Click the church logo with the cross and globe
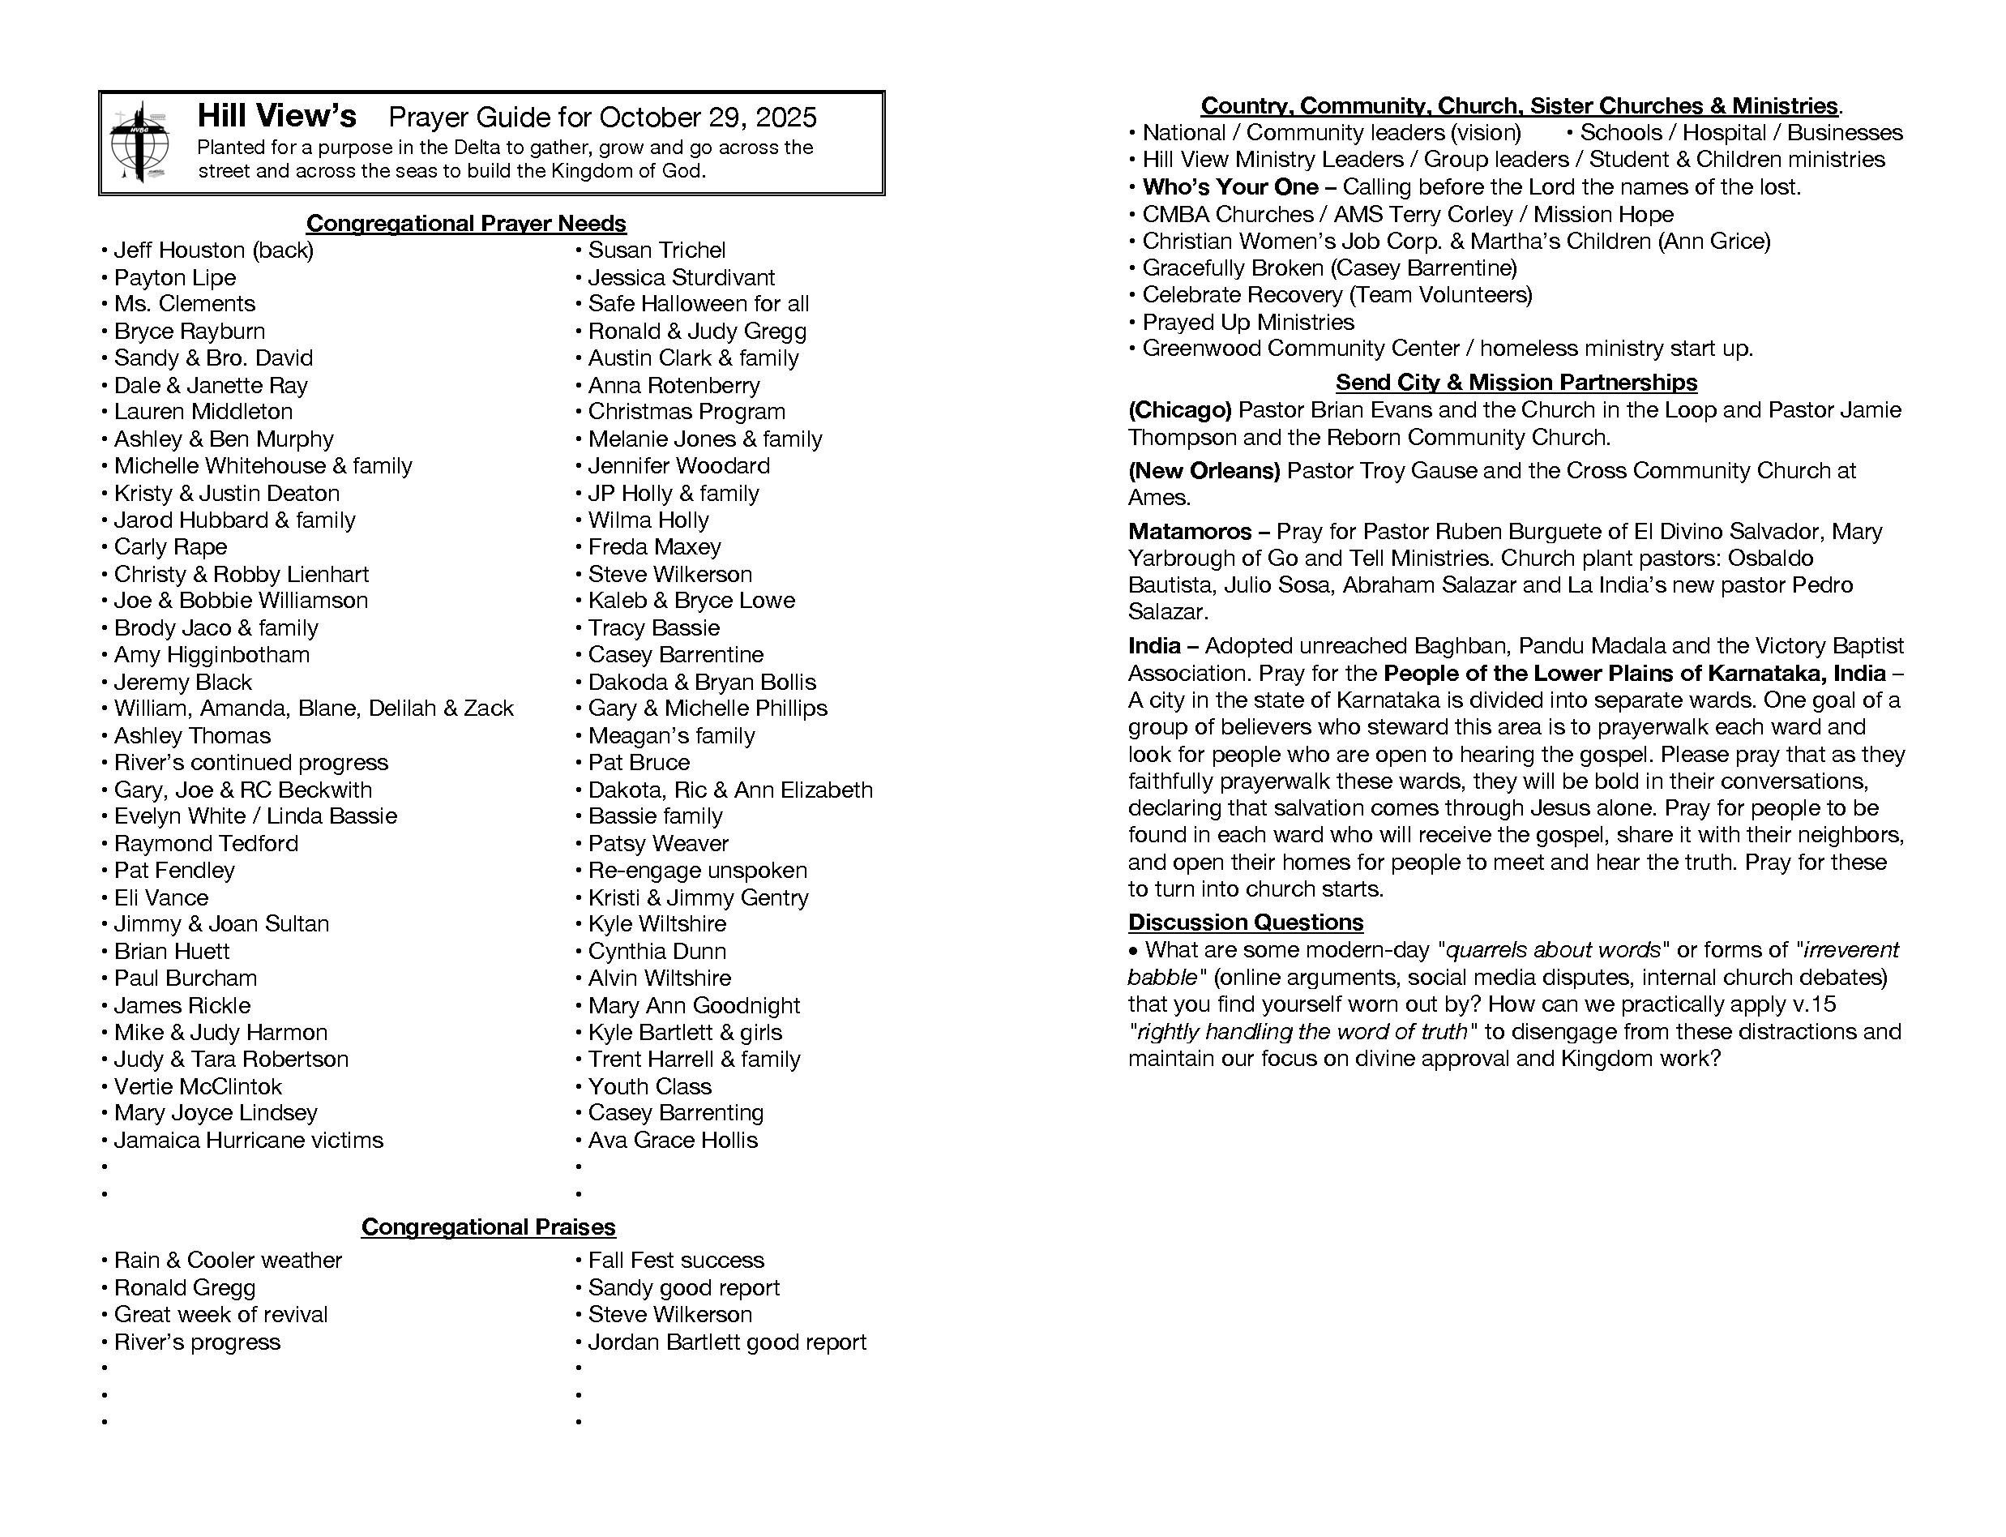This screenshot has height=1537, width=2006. [x=139, y=143]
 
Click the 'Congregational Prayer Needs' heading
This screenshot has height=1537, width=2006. [x=465, y=223]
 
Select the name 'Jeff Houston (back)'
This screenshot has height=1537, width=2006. [x=213, y=250]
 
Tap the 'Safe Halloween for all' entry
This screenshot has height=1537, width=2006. [x=698, y=304]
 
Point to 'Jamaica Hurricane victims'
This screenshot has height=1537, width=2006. [x=248, y=1140]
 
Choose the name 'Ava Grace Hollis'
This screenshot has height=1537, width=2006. [x=673, y=1140]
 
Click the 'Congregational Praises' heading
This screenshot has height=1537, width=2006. [x=489, y=1227]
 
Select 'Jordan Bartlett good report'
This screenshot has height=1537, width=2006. [x=726, y=1342]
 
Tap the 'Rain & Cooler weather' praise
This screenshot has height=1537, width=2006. [x=228, y=1260]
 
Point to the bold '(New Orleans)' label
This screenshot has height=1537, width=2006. [x=1204, y=470]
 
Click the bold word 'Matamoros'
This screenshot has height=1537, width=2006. [x=1189, y=532]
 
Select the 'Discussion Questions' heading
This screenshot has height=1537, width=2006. [x=1245, y=923]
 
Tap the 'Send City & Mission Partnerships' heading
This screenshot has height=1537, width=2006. [x=1516, y=383]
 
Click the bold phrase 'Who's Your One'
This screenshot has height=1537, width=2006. [x=1230, y=187]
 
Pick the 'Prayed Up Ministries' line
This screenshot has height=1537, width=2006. [x=1247, y=322]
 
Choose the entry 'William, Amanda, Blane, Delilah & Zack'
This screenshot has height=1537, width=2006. [x=314, y=709]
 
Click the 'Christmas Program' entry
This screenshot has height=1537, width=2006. [x=686, y=412]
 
